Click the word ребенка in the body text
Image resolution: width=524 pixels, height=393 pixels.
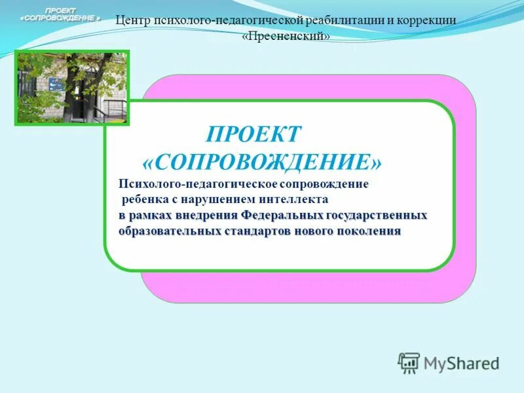tap(144, 198)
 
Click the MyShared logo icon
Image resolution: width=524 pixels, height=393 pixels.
tap(409, 362)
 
